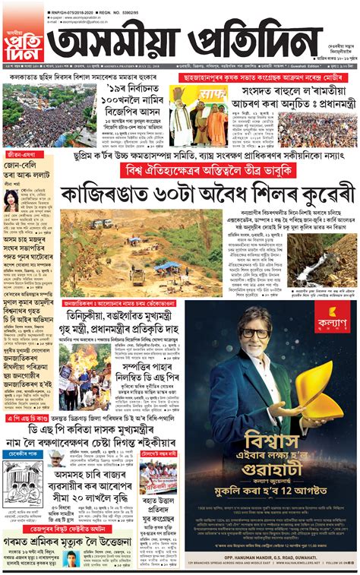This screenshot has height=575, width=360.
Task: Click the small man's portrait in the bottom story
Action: click(72, 558)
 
